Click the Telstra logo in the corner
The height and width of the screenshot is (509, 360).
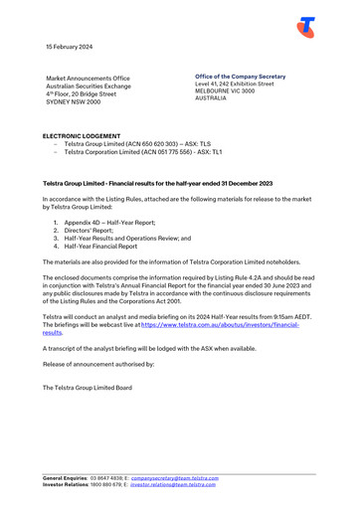click(x=306, y=27)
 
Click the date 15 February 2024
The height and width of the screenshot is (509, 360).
click(x=70, y=47)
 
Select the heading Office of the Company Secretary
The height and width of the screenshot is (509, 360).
click(x=240, y=77)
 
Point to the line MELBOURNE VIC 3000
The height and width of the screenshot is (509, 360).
click(x=225, y=91)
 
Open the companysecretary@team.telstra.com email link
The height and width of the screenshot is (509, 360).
click(x=175, y=477)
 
